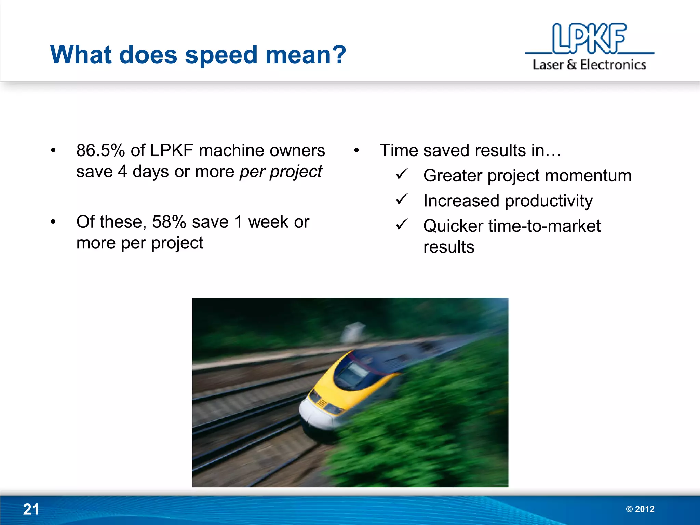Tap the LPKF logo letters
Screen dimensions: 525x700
coord(589,38)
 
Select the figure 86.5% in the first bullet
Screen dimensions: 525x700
coord(100,150)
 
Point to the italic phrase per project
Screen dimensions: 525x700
coord(281,172)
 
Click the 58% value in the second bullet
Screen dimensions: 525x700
coord(169,222)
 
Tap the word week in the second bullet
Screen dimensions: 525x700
coord(269,222)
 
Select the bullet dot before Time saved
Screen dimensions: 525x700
coord(356,150)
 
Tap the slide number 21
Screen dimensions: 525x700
coord(31,509)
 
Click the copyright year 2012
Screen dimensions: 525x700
coord(644,509)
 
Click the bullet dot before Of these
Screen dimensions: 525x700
coord(53,222)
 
